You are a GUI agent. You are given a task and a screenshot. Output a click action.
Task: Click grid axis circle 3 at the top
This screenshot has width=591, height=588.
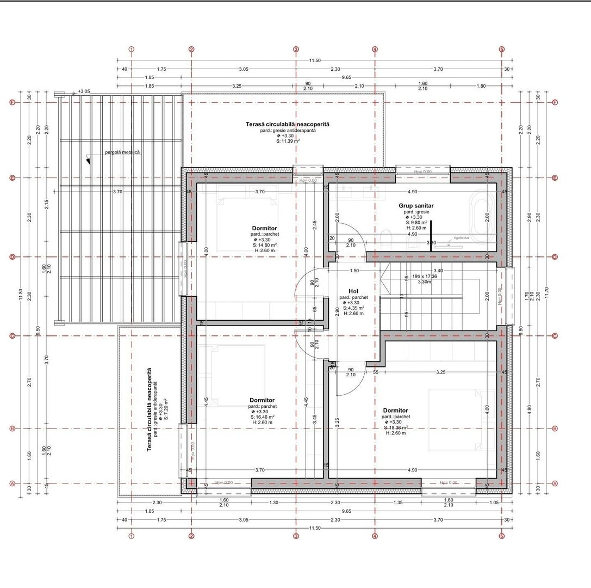(x=296, y=50)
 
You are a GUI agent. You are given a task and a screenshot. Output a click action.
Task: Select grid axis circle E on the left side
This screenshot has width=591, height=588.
(x=12, y=178)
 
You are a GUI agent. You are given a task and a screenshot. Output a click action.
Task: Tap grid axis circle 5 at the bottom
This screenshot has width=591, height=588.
(x=501, y=536)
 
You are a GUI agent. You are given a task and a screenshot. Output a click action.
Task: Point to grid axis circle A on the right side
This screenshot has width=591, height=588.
(x=555, y=483)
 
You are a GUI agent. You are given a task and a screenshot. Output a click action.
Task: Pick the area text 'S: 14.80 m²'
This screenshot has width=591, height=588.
(x=265, y=246)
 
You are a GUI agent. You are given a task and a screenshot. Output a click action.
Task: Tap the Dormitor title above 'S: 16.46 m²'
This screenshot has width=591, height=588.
(x=262, y=400)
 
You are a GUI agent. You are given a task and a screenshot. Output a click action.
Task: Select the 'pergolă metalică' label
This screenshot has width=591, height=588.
(x=122, y=152)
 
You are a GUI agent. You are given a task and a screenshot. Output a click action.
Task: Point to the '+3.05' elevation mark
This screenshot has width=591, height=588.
(x=84, y=91)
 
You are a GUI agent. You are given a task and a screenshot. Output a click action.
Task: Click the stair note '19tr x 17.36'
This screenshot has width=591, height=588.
(x=425, y=276)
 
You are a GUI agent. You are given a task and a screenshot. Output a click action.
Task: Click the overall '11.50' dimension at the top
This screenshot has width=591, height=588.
(x=315, y=60)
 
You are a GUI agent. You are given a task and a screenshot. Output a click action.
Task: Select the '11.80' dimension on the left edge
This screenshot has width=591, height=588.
(x=21, y=295)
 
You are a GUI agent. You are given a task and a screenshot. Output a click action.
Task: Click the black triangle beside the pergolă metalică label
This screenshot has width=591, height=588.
(x=88, y=161)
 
